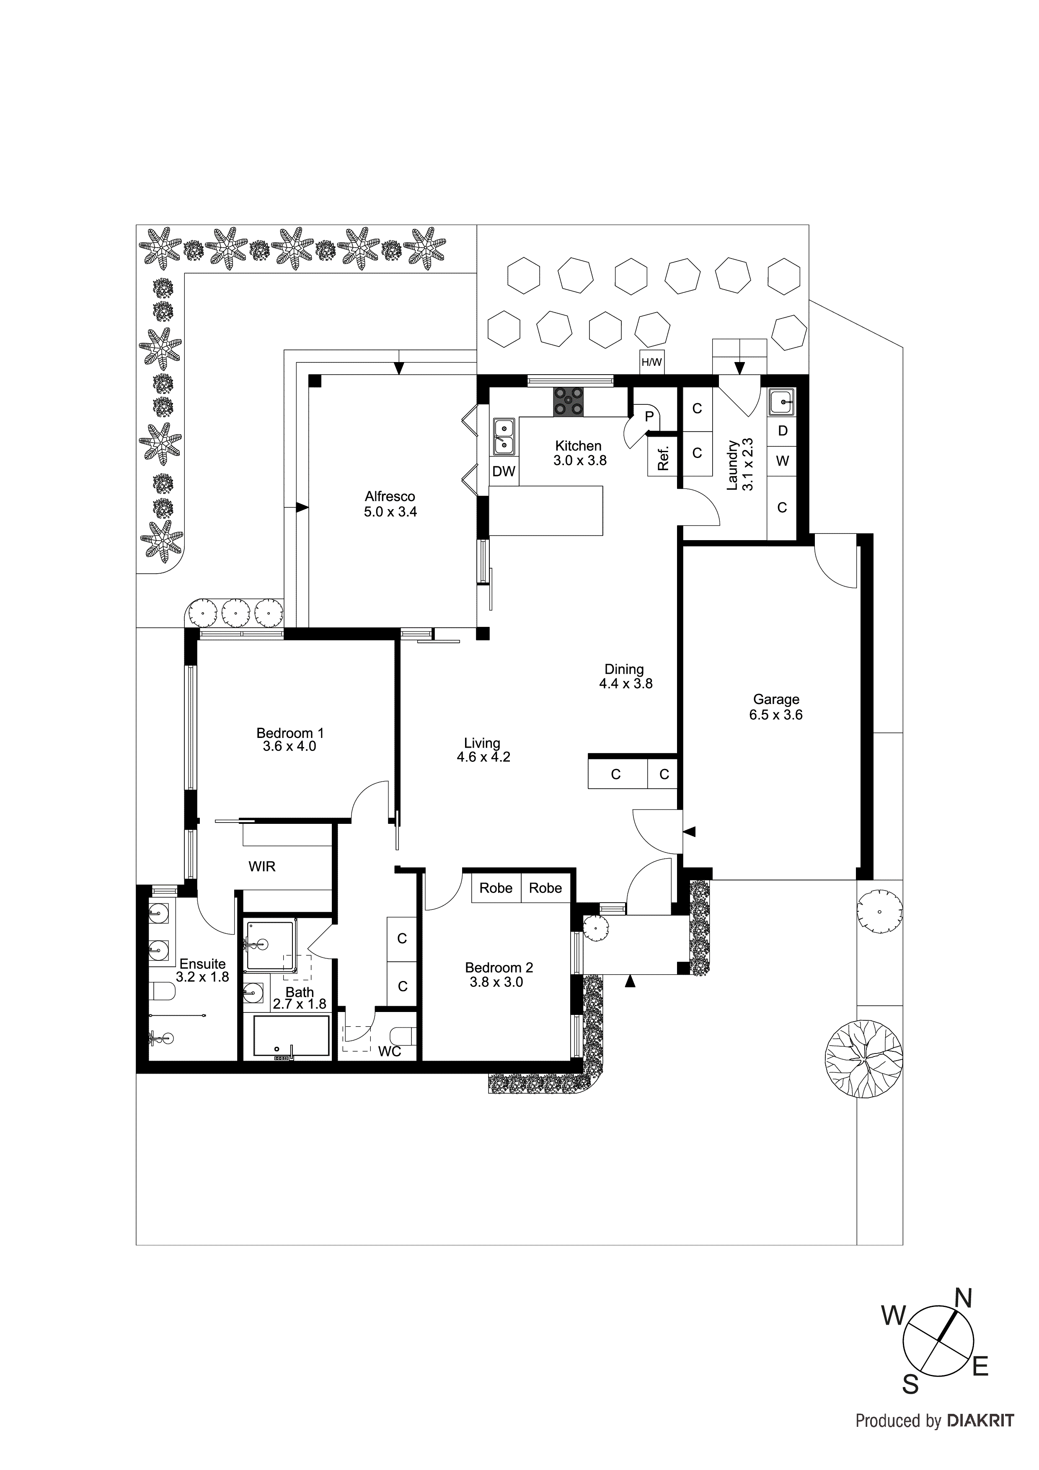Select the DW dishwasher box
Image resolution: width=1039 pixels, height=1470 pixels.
[x=504, y=472]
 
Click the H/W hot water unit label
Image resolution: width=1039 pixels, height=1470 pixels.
[x=652, y=362]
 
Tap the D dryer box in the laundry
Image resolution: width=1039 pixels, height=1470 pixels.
[x=782, y=431]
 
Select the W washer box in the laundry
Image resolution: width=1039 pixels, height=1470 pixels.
[x=782, y=461]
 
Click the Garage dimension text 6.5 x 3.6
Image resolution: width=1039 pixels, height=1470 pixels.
[x=776, y=715]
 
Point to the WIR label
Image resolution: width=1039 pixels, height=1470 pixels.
[x=262, y=867]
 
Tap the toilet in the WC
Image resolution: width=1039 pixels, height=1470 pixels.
[x=403, y=1035]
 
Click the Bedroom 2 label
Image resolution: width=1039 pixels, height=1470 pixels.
[x=499, y=968]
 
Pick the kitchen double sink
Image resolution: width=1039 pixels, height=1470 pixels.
[x=504, y=435]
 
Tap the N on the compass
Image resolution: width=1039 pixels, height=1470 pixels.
[x=964, y=1299]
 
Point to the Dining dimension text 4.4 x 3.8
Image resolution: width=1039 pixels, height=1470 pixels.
[x=625, y=684]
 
